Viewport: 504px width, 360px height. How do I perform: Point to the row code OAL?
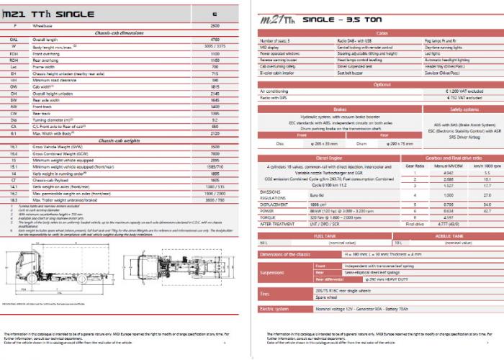tap(14, 39)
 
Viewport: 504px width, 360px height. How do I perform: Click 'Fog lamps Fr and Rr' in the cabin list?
tap(440, 41)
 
